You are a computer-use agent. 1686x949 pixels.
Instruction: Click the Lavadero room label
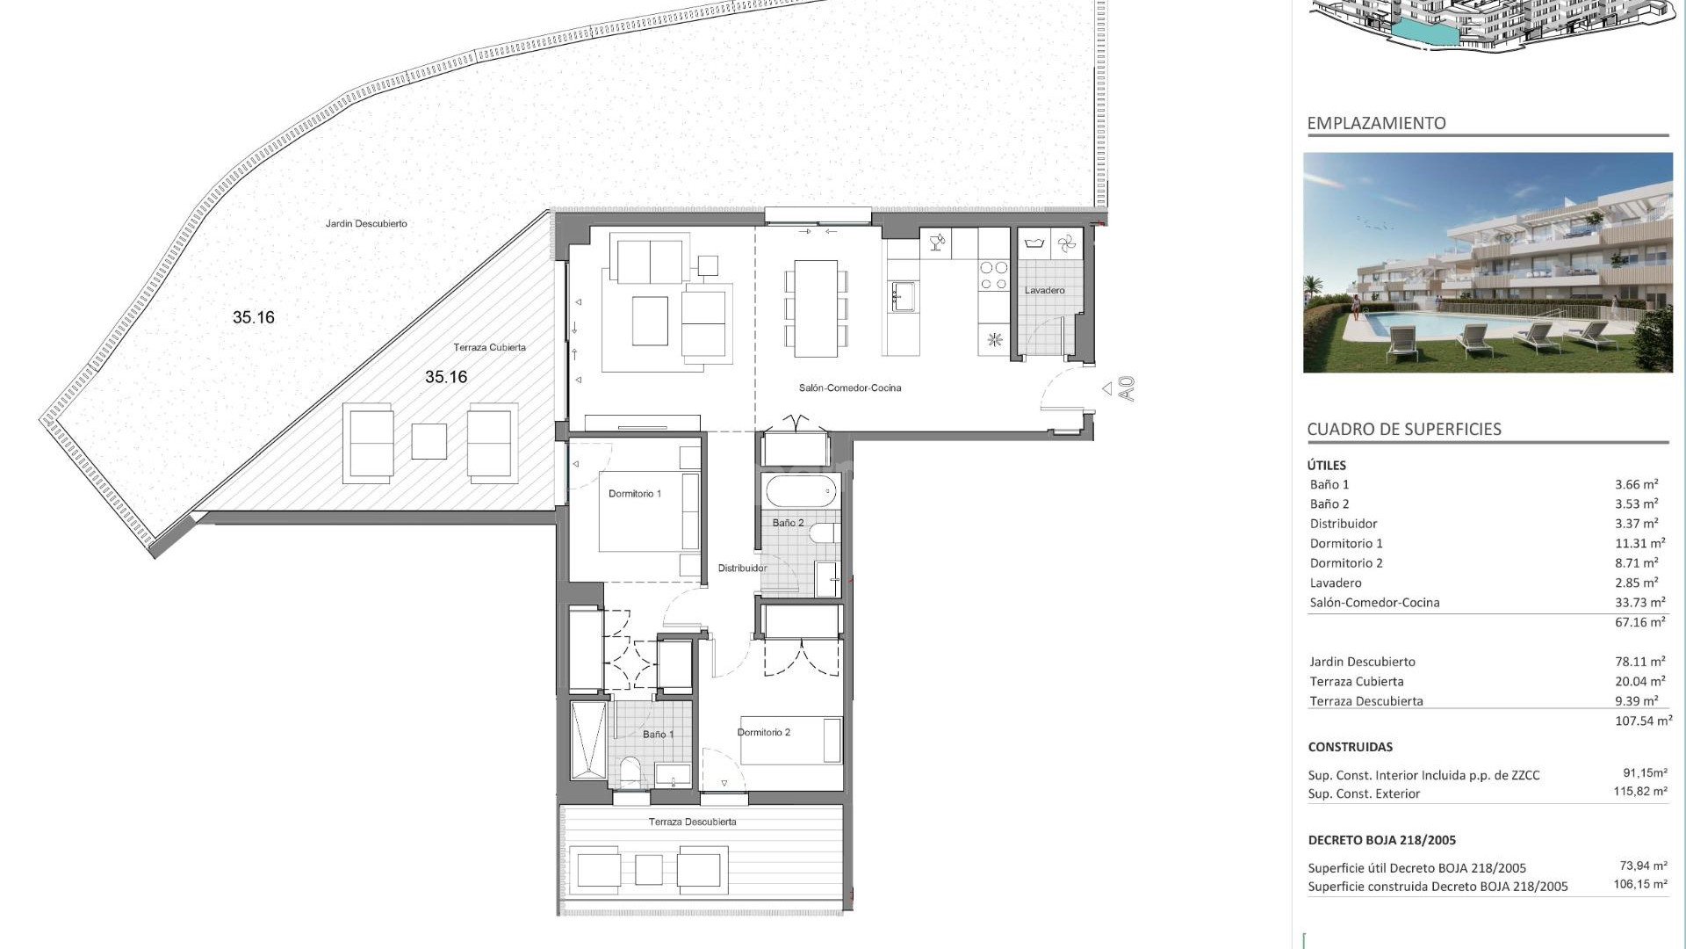click(1044, 290)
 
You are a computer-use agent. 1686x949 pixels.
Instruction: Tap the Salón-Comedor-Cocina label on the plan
click(849, 388)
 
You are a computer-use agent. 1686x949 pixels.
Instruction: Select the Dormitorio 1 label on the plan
click(634, 494)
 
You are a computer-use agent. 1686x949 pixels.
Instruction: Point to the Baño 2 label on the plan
click(788, 523)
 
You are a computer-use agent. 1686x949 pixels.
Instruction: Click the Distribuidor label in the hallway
click(742, 569)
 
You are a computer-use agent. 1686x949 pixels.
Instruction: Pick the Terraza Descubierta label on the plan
click(692, 822)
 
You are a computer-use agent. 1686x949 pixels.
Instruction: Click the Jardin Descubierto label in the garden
click(366, 224)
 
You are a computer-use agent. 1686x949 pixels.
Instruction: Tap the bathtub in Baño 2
click(801, 491)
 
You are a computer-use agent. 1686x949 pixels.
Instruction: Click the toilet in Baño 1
click(630, 772)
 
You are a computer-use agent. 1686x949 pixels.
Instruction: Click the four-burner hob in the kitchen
click(994, 275)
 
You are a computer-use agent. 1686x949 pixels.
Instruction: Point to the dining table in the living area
click(816, 308)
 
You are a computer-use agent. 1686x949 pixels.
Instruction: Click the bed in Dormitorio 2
click(790, 741)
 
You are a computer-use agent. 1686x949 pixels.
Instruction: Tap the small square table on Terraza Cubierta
click(429, 441)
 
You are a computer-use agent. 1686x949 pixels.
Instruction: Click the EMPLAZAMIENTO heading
click(1376, 124)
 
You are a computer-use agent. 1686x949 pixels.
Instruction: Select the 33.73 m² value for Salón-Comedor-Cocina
click(1639, 603)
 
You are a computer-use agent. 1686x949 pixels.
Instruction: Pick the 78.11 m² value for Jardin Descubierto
click(1639, 662)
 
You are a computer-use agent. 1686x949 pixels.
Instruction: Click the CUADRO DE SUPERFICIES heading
click(1403, 430)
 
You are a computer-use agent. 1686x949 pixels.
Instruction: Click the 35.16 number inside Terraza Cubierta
click(446, 377)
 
